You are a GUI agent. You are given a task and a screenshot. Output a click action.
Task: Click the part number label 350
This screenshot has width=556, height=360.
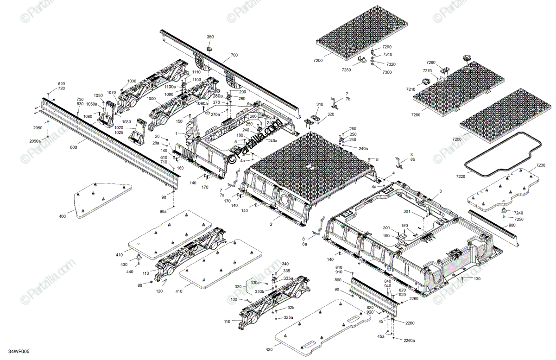210,37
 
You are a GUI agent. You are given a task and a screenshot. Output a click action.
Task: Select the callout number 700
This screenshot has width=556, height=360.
234,55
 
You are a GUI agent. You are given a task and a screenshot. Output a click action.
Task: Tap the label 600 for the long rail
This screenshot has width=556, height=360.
74,148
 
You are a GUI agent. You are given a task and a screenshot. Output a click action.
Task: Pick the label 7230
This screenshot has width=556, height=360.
541,165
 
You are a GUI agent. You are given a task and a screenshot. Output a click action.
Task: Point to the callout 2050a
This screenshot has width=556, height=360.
35,141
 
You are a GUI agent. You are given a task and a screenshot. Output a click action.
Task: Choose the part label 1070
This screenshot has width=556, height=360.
111,93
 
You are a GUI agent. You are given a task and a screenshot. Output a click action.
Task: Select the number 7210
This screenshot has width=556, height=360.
411,89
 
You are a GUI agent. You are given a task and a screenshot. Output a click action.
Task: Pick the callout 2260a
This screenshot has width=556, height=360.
409,341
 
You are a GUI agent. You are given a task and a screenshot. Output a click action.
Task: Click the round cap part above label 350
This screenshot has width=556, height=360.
209,48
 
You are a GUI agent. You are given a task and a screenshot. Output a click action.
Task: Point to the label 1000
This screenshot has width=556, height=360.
151,99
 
